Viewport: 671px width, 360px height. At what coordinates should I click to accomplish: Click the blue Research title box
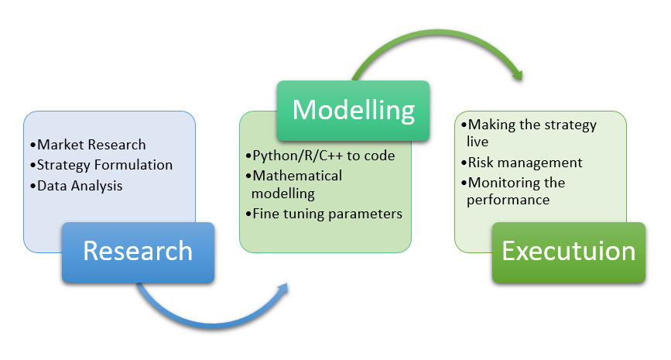[x=139, y=252]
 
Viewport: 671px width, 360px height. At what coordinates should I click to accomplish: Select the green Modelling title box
[x=353, y=111]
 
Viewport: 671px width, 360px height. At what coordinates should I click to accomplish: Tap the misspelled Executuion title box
[x=569, y=252]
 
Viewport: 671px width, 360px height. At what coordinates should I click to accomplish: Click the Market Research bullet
[x=88, y=145]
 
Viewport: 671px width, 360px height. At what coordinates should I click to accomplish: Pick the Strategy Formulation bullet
[x=101, y=165]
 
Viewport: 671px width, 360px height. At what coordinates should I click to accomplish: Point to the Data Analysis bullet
[x=76, y=186]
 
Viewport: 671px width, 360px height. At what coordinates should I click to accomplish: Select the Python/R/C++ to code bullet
[x=320, y=156]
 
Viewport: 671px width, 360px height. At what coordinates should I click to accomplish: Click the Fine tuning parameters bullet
[x=324, y=214]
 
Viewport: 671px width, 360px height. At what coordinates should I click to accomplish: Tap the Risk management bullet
[x=522, y=163]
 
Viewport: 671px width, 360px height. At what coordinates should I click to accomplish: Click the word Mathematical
[x=297, y=176]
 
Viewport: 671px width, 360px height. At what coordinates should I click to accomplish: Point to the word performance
[x=508, y=200]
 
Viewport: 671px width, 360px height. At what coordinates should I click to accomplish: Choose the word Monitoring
[x=498, y=183]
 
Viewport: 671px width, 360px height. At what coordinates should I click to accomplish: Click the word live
[x=478, y=142]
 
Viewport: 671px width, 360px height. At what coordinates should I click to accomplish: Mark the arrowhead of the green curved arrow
[x=518, y=74]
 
